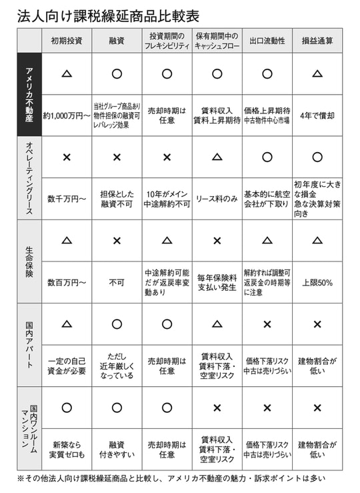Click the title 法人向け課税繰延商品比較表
(x=108, y=15)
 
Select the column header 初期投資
(x=67, y=41)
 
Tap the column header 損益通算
(x=317, y=41)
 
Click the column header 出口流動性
(x=267, y=41)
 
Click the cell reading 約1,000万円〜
(x=67, y=115)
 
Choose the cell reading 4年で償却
(x=317, y=115)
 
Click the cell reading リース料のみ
(x=217, y=198)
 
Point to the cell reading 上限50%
(x=317, y=282)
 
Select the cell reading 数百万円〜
(x=67, y=282)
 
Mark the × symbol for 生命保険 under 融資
(x=117, y=240)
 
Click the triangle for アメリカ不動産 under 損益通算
(x=317, y=73)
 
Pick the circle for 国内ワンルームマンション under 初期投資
(x=67, y=408)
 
